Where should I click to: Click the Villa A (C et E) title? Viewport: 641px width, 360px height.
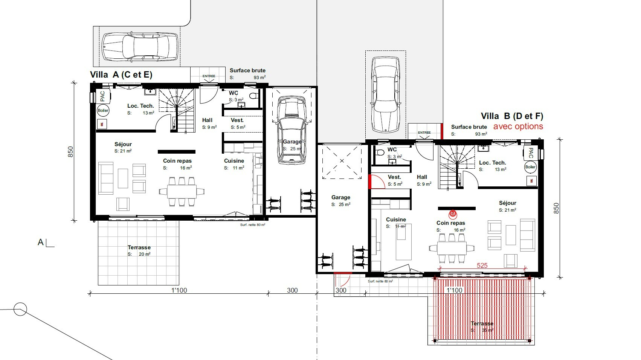click(x=121, y=75)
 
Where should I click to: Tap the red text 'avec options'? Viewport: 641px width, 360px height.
click(x=518, y=127)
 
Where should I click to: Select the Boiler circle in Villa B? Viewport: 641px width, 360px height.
click(x=530, y=167)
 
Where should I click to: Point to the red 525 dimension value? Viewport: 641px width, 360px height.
click(x=482, y=265)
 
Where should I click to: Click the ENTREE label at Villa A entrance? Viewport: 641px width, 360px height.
click(x=209, y=76)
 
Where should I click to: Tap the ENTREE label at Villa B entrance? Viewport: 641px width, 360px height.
click(x=424, y=133)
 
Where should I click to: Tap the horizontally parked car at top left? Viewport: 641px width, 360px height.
click(x=140, y=46)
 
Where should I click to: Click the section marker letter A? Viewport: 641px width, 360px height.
click(x=41, y=242)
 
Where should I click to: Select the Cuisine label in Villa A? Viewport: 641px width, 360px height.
click(x=234, y=161)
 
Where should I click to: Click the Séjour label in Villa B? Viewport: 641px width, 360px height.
click(x=507, y=203)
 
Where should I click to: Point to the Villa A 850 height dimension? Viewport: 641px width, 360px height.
click(x=70, y=152)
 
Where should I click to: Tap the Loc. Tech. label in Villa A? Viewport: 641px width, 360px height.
click(x=140, y=106)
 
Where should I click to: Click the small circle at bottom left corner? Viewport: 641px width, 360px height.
click(x=20, y=310)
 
